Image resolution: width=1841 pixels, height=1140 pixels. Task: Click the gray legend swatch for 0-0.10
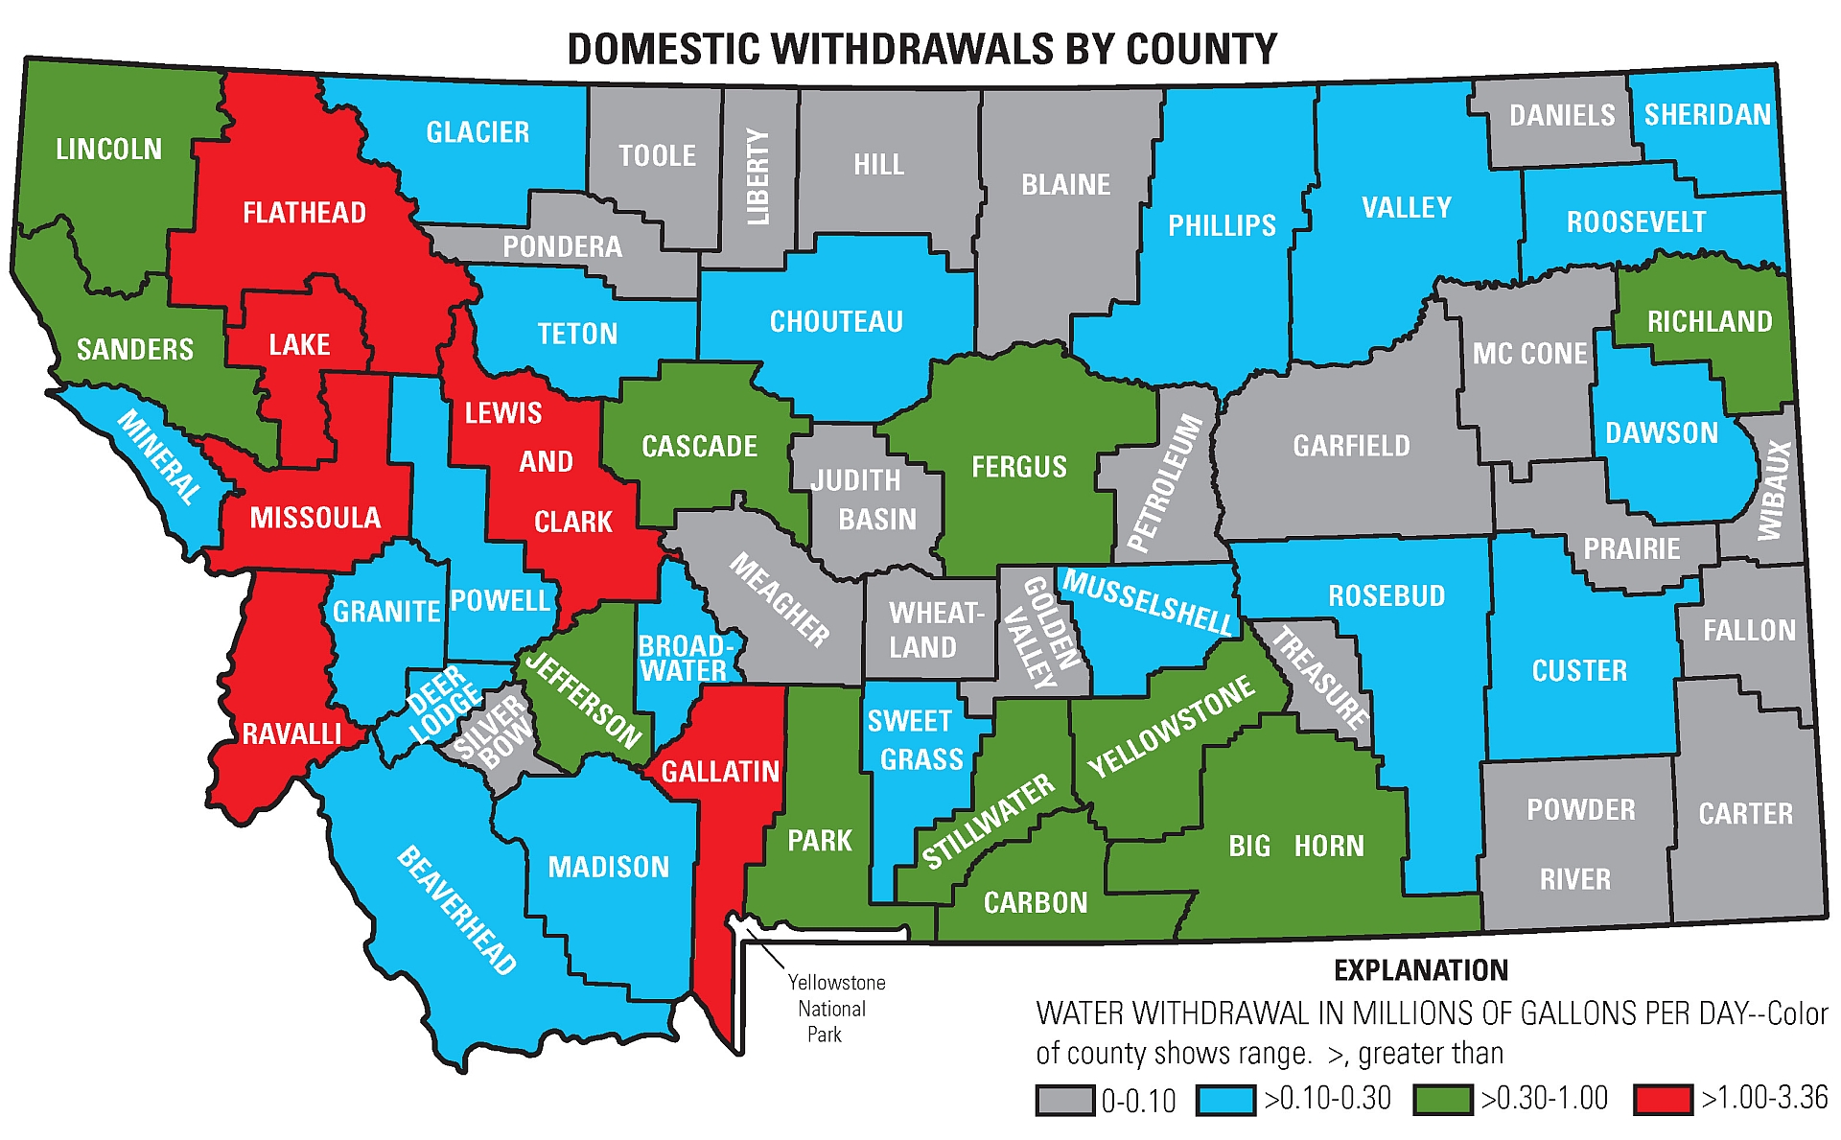click(1064, 1100)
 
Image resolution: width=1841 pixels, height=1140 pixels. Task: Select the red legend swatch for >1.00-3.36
click(1664, 1099)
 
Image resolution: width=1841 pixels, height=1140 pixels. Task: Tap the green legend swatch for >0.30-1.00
click(1442, 1099)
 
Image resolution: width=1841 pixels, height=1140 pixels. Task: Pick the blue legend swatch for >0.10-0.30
click(1225, 1099)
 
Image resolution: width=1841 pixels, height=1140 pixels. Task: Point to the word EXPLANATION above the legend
click(1420, 970)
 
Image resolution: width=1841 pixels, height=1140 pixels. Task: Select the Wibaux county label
click(1775, 490)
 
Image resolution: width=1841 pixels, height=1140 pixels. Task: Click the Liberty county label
click(758, 177)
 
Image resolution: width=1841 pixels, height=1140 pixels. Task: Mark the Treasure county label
click(1320, 677)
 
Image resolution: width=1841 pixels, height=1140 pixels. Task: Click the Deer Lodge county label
click(443, 706)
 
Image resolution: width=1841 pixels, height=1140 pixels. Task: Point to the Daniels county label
click(1562, 116)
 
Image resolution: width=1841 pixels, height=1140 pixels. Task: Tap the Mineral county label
click(159, 456)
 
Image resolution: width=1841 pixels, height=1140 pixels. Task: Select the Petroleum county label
click(1165, 483)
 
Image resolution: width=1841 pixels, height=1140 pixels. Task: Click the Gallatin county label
click(720, 771)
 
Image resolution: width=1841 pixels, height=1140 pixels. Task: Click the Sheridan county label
click(1707, 115)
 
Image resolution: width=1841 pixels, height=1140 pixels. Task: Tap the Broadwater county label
click(685, 658)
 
